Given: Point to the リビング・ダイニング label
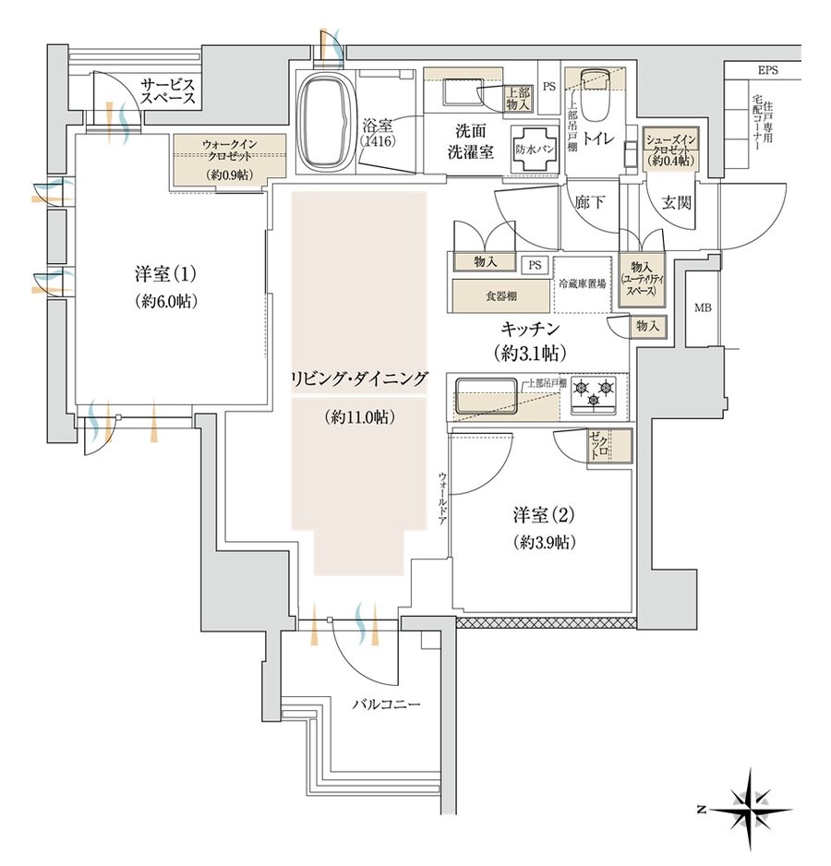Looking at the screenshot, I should point(361,378).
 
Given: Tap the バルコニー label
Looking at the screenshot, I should point(387,704).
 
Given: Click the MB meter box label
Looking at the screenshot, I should point(704,307).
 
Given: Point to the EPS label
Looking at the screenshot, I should point(768,70).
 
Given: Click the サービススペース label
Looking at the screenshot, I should point(167,91).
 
